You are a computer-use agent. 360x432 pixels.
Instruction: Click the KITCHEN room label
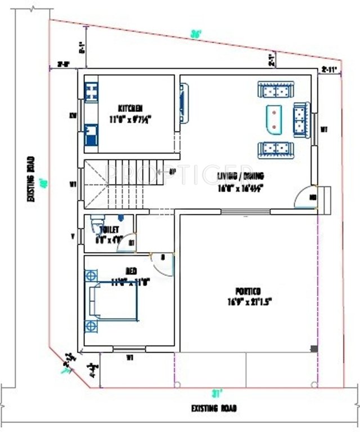(129, 108)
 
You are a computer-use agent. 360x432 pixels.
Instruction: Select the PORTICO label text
(247, 291)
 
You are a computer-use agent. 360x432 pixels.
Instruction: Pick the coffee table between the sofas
(274, 119)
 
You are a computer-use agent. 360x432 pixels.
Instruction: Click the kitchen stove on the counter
(91, 91)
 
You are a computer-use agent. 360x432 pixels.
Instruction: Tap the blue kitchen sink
(91, 137)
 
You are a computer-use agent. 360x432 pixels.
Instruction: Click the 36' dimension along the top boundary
(196, 34)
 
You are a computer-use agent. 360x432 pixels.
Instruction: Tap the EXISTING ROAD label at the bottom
(214, 408)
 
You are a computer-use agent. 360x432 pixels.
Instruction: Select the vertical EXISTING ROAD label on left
(31, 179)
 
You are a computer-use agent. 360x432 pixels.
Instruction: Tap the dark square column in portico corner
(313, 349)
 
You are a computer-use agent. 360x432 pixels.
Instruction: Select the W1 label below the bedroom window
(129, 357)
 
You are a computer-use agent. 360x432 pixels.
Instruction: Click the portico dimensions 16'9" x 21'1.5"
(247, 301)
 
